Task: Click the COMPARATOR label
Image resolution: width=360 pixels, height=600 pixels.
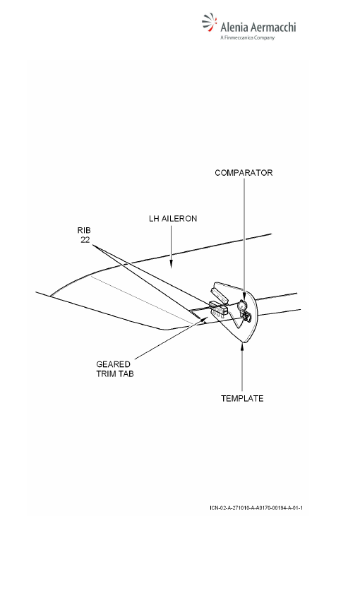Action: pos(244,173)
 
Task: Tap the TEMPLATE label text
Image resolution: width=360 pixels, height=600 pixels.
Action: pos(242,398)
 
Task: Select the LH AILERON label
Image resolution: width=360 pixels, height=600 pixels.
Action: pos(173,219)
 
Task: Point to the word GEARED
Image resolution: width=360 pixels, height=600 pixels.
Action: pos(113,364)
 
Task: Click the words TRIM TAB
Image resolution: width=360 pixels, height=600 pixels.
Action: pos(115,374)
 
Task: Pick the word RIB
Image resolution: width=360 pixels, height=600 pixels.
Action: pos(84,230)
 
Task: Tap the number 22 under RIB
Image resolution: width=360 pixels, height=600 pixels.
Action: pos(85,240)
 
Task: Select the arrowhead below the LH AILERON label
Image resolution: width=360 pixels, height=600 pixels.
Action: pos(171,264)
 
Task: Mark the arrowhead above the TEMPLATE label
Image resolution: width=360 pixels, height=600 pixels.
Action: pos(242,347)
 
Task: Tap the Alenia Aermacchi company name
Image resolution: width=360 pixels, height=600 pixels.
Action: pos(258,27)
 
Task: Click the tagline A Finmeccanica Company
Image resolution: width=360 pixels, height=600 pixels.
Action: pos(248,37)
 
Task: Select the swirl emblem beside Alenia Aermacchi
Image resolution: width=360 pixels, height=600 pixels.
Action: pos(209,22)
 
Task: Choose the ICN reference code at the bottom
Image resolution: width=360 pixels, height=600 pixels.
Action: pos(256,508)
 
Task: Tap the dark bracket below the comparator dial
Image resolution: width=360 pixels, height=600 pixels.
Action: pos(246,316)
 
